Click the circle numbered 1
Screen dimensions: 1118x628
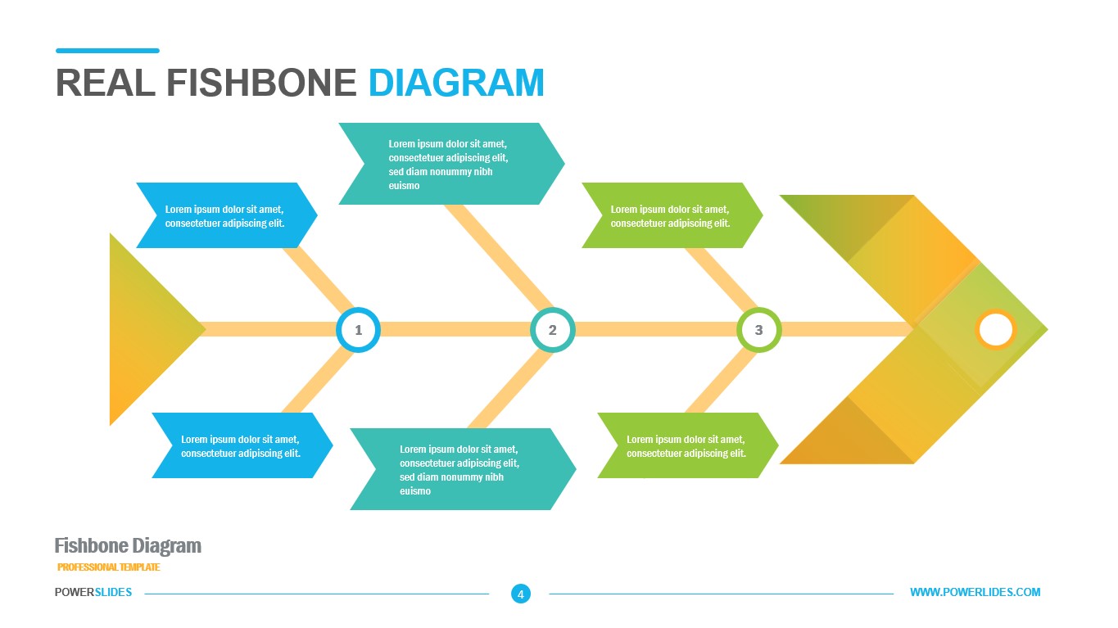point(358,330)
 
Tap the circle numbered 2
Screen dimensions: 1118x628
point(553,330)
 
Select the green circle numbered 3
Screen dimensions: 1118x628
point(759,330)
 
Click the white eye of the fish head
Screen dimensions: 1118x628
point(996,329)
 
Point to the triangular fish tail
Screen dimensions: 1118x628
point(147,330)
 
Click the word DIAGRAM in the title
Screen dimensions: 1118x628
point(456,83)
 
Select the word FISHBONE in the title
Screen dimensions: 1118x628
point(261,83)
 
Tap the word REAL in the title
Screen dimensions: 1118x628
point(105,83)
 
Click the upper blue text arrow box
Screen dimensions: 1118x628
point(226,215)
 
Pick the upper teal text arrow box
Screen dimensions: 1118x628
point(450,164)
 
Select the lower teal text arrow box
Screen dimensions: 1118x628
point(461,469)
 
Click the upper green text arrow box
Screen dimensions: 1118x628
point(671,215)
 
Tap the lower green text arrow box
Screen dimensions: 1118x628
point(686,445)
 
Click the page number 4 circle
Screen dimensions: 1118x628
point(521,594)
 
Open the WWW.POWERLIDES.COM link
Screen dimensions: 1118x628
point(975,592)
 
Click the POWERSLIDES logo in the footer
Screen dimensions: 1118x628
point(93,592)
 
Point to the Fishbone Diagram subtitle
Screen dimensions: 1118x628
point(128,546)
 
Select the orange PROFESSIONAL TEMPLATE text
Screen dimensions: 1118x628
point(109,567)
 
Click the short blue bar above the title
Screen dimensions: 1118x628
point(107,51)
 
